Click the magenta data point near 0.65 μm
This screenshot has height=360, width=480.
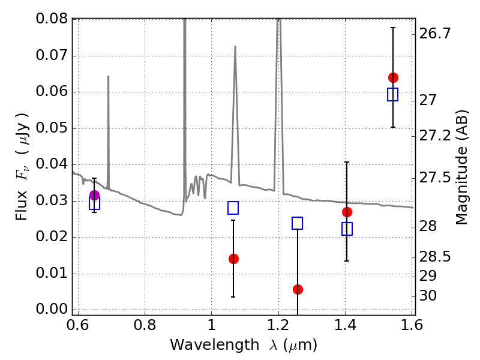pyautogui.click(x=94, y=195)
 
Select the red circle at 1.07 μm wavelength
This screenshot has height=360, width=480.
pyautogui.click(x=233, y=259)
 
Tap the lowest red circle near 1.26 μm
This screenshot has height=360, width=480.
pyautogui.click(x=298, y=289)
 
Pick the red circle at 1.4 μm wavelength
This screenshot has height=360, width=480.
pyautogui.click(x=347, y=212)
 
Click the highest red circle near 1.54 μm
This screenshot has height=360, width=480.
pyautogui.click(x=393, y=77)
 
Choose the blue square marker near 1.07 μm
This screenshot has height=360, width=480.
pyautogui.click(x=233, y=208)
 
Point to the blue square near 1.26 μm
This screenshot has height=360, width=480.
pyautogui.click(x=297, y=223)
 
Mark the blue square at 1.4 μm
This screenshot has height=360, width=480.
pyautogui.click(x=347, y=229)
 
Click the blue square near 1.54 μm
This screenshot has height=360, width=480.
pyautogui.click(x=393, y=95)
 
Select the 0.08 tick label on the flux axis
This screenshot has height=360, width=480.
pyautogui.click(x=52, y=20)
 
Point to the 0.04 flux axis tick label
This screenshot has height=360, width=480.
pyautogui.click(x=52, y=164)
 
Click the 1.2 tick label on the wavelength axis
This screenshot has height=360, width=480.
pyautogui.click(x=278, y=325)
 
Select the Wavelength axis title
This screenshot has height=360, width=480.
pyautogui.click(x=243, y=345)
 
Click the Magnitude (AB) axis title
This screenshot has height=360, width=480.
pyautogui.click(x=461, y=167)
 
